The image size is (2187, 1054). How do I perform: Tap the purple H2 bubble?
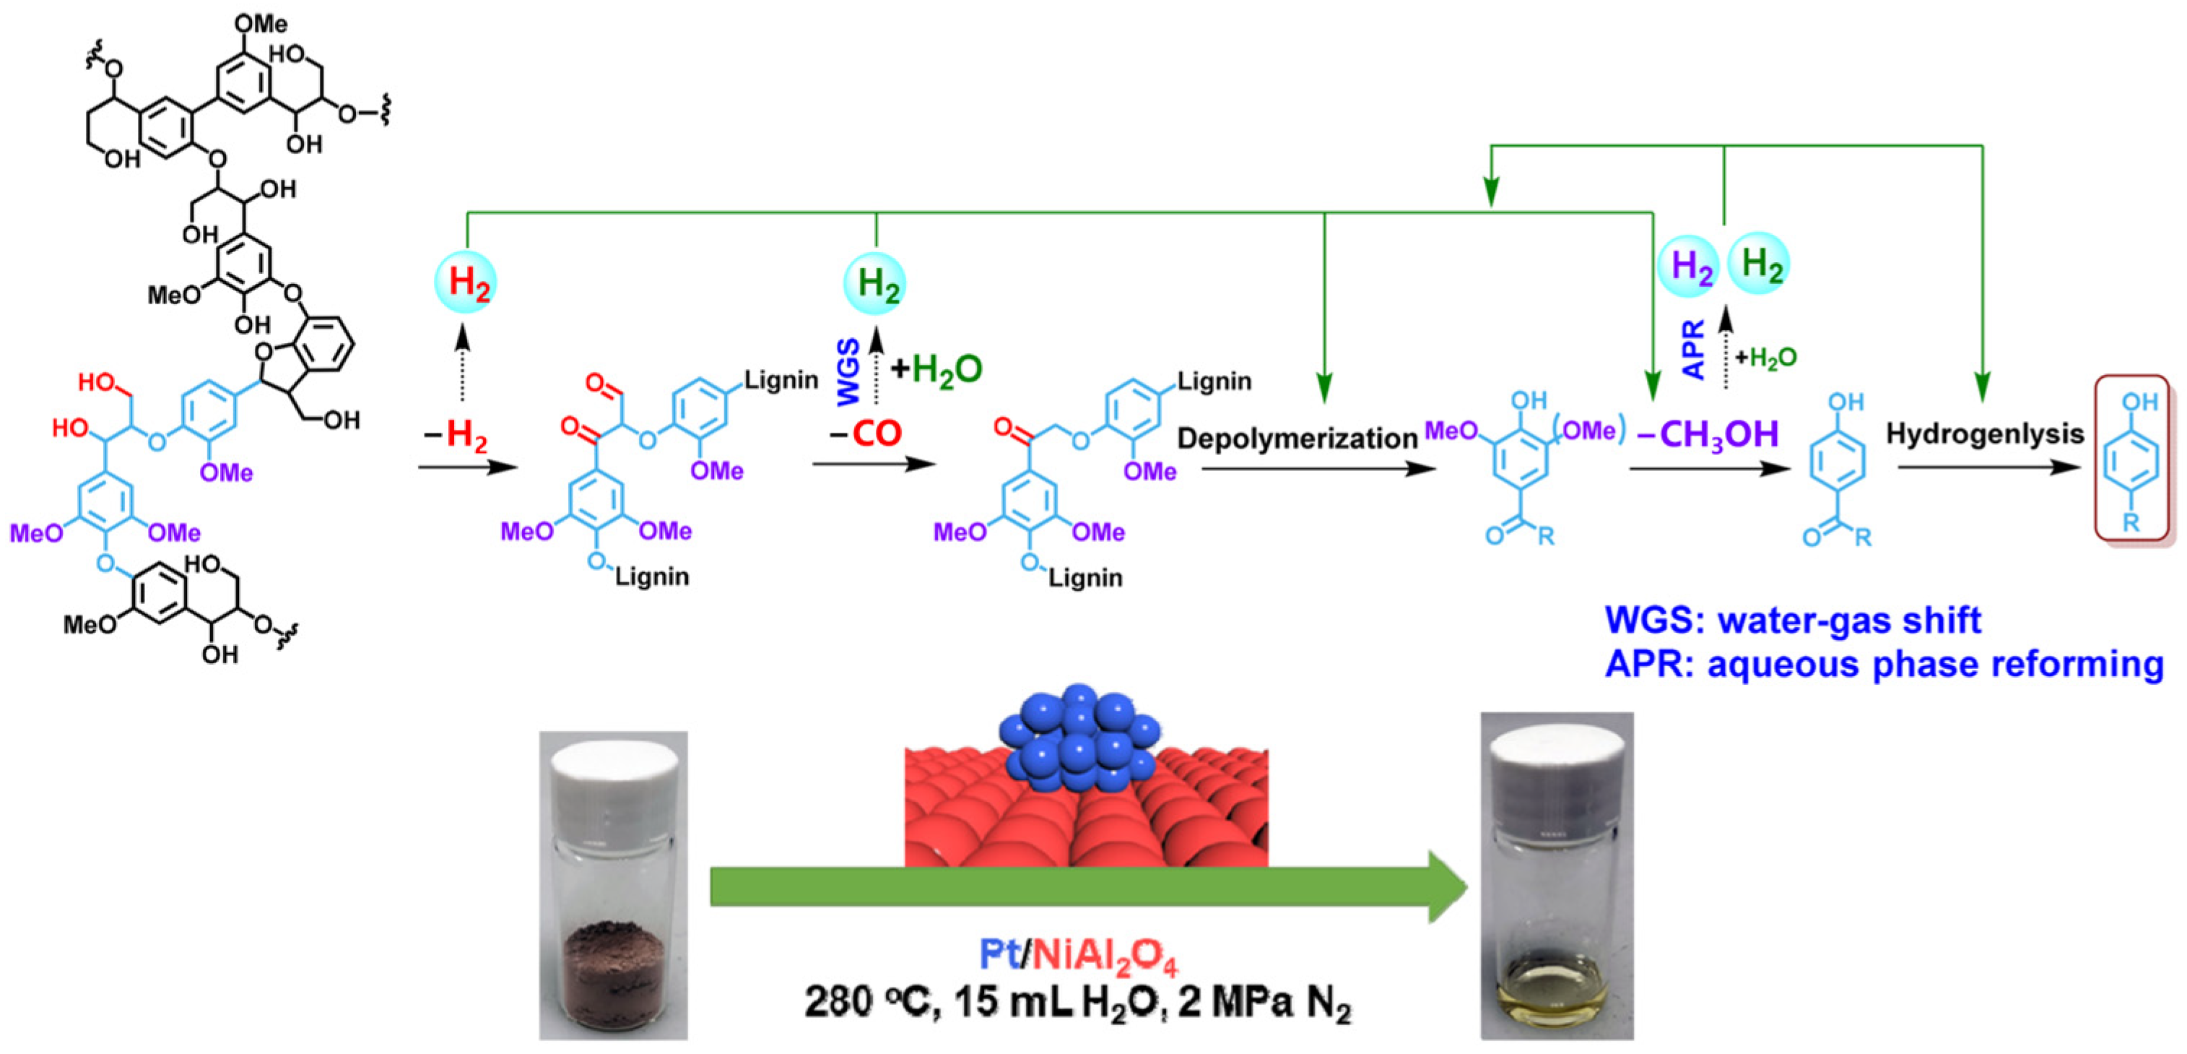(1689, 266)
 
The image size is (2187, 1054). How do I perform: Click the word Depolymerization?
(1297, 439)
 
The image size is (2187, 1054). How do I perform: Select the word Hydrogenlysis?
(1984, 434)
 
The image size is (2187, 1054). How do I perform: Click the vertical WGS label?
(849, 371)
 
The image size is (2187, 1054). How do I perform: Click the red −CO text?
(865, 434)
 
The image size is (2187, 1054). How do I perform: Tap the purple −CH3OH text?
(1708, 434)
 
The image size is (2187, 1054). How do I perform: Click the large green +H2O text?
(936, 368)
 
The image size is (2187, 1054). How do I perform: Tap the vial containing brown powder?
(613, 888)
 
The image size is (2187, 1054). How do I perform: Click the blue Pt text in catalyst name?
(1000, 954)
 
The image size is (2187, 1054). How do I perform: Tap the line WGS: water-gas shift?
(1792, 620)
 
